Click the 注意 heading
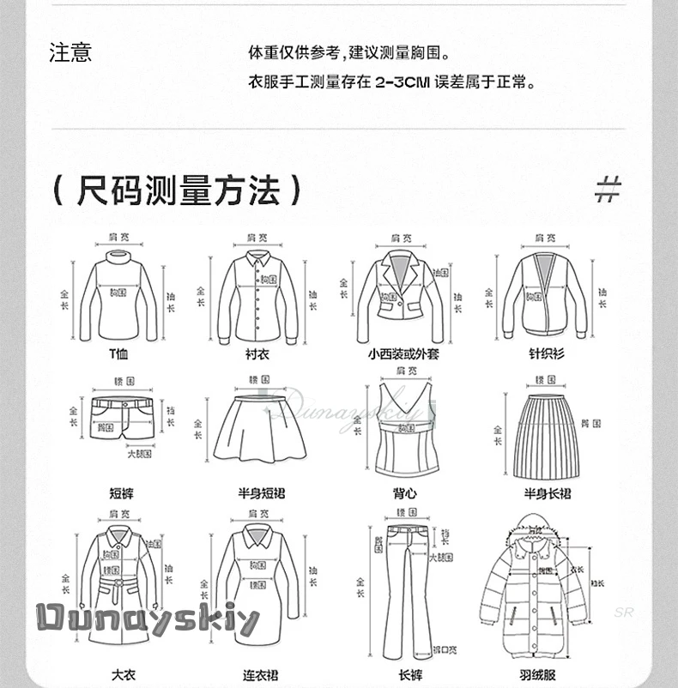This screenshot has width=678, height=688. tap(70, 53)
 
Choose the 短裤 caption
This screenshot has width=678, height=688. tap(121, 493)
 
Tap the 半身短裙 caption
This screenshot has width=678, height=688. tap(258, 493)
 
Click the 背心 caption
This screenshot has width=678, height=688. tap(404, 493)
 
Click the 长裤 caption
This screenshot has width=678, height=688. tap(409, 676)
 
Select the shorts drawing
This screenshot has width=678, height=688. tap(122, 419)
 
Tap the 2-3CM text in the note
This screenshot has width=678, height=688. tap(403, 84)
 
